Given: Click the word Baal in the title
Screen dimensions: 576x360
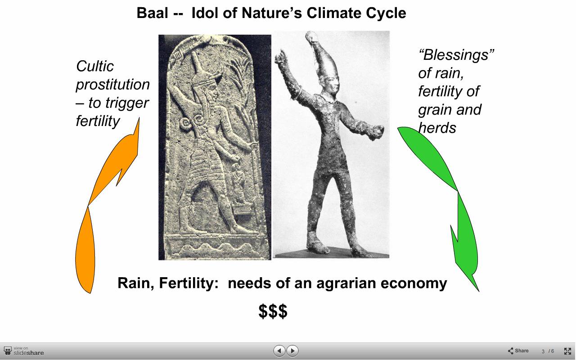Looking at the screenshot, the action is [x=152, y=13].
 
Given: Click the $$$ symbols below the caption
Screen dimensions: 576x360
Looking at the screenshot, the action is [x=273, y=311].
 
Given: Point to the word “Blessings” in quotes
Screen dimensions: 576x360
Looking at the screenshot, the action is [x=456, y=55].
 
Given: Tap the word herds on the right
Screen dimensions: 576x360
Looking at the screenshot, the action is [x=437, y=128].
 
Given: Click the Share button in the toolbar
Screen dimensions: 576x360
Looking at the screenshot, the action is [x=518, y=351].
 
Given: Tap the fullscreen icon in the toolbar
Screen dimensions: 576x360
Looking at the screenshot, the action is [x=567, y=351].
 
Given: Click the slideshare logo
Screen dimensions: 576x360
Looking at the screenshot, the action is [x=24, y=351].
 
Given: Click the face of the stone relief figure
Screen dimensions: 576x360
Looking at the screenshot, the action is [x=213, y=91].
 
